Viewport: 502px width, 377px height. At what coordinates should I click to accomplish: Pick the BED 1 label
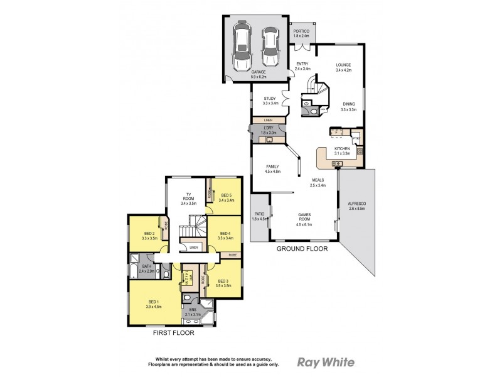coord(154,305)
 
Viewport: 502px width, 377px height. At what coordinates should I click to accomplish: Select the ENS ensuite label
coord(193,310)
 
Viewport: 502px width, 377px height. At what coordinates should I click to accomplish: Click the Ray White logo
coord(325,362)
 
